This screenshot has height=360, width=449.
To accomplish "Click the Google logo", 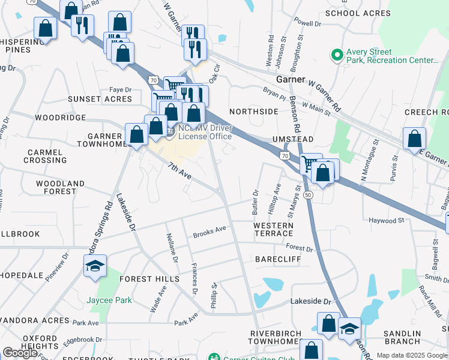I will [20, 353].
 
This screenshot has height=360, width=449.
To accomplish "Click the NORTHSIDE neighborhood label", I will [254, 112].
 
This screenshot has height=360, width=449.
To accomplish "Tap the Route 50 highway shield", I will [307, 196].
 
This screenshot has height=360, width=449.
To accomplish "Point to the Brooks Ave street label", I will [209, 231].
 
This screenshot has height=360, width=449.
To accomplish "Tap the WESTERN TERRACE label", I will [273, 229].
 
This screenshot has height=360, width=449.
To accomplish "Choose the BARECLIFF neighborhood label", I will [277, 259].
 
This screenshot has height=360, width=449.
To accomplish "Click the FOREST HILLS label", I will [149, 279].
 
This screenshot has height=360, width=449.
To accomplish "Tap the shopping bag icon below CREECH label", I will [414, 139].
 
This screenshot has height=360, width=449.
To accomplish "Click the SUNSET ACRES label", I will [100, 99].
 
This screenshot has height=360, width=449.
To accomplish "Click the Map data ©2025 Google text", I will [412, 355].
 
